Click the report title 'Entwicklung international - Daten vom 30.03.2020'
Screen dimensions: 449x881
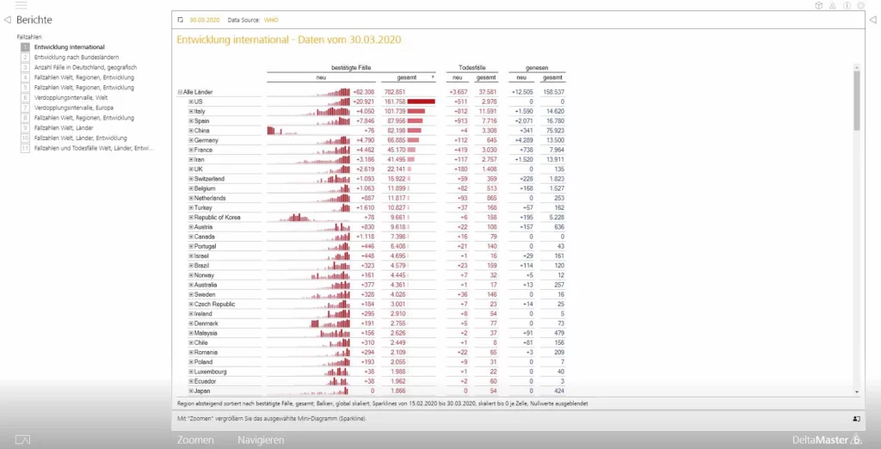click(288, 40)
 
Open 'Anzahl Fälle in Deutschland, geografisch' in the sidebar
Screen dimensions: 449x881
click(85, 67)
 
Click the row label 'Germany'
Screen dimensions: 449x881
click(207, 140)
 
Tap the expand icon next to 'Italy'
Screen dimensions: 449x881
click(191, 111)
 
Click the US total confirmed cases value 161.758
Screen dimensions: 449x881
click(394, 101)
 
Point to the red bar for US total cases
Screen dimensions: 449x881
click(422, 101)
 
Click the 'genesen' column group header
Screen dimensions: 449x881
click(536, 67)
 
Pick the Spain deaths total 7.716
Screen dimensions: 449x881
click(487, 121)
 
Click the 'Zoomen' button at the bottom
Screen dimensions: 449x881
click(195, 440)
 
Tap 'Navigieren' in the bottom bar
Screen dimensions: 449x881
click(261, 440)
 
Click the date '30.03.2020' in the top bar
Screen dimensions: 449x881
click(205, 20)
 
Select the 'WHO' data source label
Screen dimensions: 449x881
click(271, 20)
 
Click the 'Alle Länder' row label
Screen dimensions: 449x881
click(198, 92)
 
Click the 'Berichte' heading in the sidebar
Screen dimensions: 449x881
click(34, 20)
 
